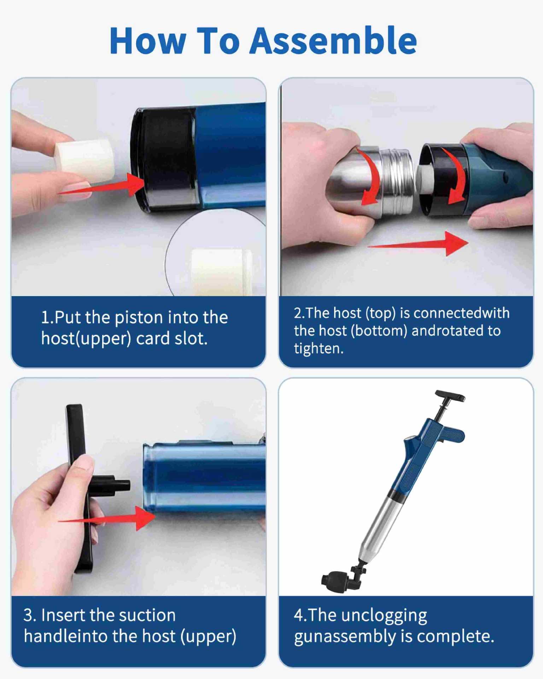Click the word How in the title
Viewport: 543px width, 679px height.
(x=148, y=41)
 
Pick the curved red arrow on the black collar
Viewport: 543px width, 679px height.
(x=456, y=176)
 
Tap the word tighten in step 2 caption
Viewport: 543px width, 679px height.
(x=319, y=349)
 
